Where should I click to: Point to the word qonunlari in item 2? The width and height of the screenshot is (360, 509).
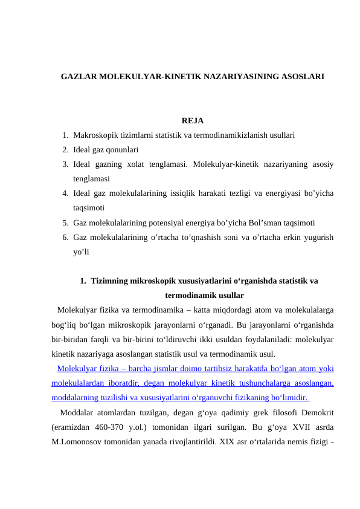pyautogui.click(x=121, y=149)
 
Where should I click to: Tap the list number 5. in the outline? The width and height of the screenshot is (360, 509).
pyautogui.click(x=65, y=222)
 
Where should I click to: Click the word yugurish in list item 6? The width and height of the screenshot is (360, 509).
pyautogui.click(x=316, y=236)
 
